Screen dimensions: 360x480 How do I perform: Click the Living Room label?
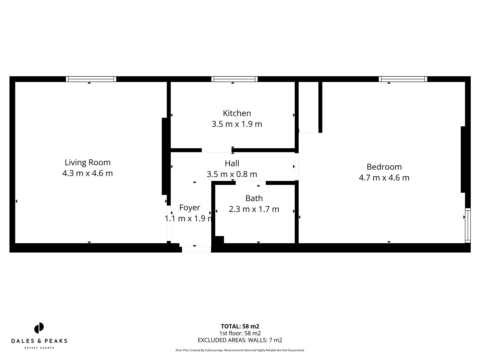87,162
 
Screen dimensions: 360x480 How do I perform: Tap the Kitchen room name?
237,113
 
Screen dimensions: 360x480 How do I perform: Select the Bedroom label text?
384,167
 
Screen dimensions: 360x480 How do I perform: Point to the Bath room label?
254,198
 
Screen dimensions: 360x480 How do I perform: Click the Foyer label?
190,208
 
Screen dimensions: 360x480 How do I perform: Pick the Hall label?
232,163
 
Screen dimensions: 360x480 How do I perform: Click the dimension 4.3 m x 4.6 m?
87,173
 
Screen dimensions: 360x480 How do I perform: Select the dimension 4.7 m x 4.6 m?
384,178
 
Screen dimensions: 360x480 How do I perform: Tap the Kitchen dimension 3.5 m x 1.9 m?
237,124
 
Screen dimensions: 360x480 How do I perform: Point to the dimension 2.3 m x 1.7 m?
254,209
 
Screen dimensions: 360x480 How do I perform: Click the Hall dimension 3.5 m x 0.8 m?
232,174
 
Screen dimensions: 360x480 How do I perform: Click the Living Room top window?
91,79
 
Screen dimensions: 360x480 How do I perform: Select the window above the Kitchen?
234,79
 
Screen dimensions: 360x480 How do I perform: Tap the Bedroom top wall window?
403,79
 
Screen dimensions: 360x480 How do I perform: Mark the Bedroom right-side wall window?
468,225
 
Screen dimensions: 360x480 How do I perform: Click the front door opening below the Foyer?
196,249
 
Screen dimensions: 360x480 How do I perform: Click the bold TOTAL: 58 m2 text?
240,326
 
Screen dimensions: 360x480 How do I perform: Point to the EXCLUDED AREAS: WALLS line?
240,340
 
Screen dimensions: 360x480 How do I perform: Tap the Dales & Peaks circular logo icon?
39,328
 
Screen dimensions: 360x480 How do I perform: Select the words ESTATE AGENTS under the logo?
39,348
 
